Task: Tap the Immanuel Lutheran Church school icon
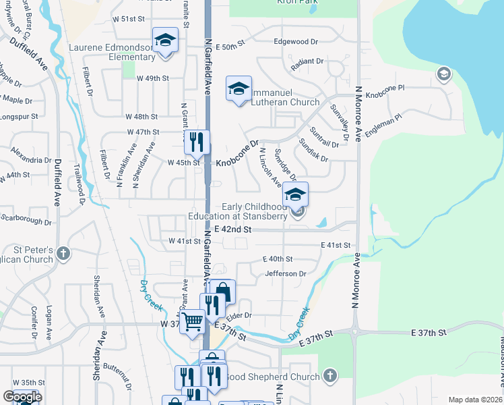click(x=239, y=88)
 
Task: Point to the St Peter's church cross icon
click(x=63, y=254)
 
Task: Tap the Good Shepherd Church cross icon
click(x=329, y=375)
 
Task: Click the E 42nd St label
click(x=232, y=230)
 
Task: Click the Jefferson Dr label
click(x=286, y=274)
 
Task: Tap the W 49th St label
click(x=152, y=78)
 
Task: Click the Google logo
click(x=22, y=397)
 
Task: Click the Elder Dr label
click(x=239, y=315)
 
